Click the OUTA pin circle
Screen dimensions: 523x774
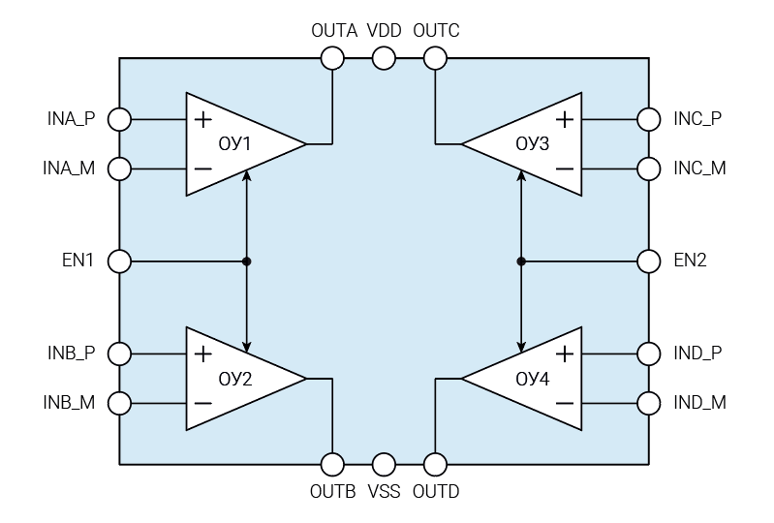click(x=332, y=59)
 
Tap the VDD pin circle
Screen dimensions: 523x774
click(x=384, y=59)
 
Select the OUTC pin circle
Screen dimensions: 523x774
click(x=436, y=59)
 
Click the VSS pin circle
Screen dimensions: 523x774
click(x=384, y=464)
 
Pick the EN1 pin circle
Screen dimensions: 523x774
click(x=119, y=261)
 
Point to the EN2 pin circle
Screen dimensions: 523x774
click(x=649, y=261)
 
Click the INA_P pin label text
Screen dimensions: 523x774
click(x=71, y=119)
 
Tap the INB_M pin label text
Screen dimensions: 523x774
click(x=70, y=402)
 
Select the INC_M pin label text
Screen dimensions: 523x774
click(x=699, y=168)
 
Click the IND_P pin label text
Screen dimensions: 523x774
click(x=698, y=354)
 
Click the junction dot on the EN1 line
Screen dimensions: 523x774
click(x=248, y=261)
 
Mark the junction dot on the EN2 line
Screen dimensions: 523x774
click(x=522, y=261)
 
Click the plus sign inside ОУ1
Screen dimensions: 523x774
click(x=202, y=120)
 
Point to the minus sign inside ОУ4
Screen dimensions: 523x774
click(x=565, y=402)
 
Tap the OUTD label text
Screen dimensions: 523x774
click(x=436, y=492)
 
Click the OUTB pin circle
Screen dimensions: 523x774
click(x=332, y=464)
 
